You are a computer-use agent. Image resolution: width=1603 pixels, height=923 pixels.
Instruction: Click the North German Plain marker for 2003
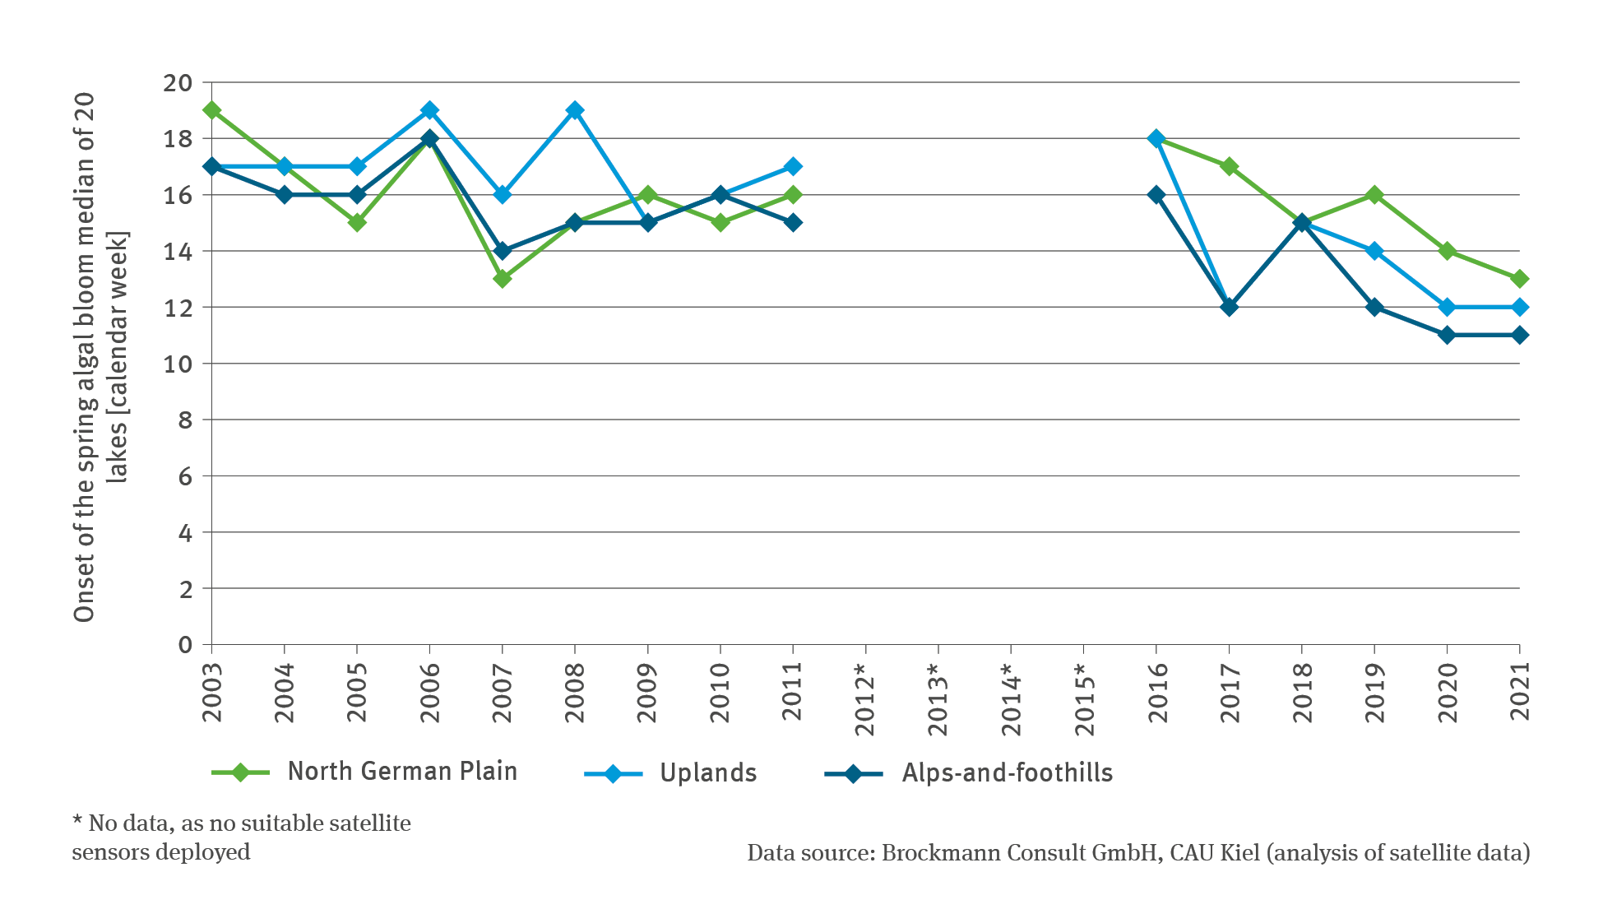[x=211, y=110]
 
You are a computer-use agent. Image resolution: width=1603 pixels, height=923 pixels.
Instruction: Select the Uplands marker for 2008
[x=575, y=110]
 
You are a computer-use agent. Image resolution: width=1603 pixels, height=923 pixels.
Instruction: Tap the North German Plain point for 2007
[x=503, y=279]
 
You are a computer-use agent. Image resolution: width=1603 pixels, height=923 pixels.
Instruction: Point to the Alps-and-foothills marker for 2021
[x=1519, y=335]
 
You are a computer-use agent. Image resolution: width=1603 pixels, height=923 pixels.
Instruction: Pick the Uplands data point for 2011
[x=793, y=166]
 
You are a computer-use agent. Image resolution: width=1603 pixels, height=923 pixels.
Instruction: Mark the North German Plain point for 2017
[x=1229, y=166]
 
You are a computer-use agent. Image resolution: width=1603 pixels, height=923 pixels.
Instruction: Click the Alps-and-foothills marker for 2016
[x=1156, y=195]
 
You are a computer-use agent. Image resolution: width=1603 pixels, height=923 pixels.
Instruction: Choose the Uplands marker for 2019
[x=1374, y=251]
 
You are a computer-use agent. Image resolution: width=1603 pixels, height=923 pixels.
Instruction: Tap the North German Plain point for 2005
[x=357, y=223]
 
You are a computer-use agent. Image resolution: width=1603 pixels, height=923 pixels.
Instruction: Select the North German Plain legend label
[x=402, y=772]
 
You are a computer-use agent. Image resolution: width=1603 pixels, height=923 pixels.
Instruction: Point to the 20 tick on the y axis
[x=177, y=83]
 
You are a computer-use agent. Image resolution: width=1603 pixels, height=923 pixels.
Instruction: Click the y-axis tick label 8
[x=185, y=420]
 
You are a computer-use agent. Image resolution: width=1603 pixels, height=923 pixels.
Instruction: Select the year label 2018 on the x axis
[x=1302, y=691]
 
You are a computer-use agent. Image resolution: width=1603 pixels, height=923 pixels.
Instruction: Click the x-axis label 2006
[x=429, y=691]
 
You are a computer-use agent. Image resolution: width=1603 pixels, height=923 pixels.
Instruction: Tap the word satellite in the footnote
[x=364, y=823]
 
